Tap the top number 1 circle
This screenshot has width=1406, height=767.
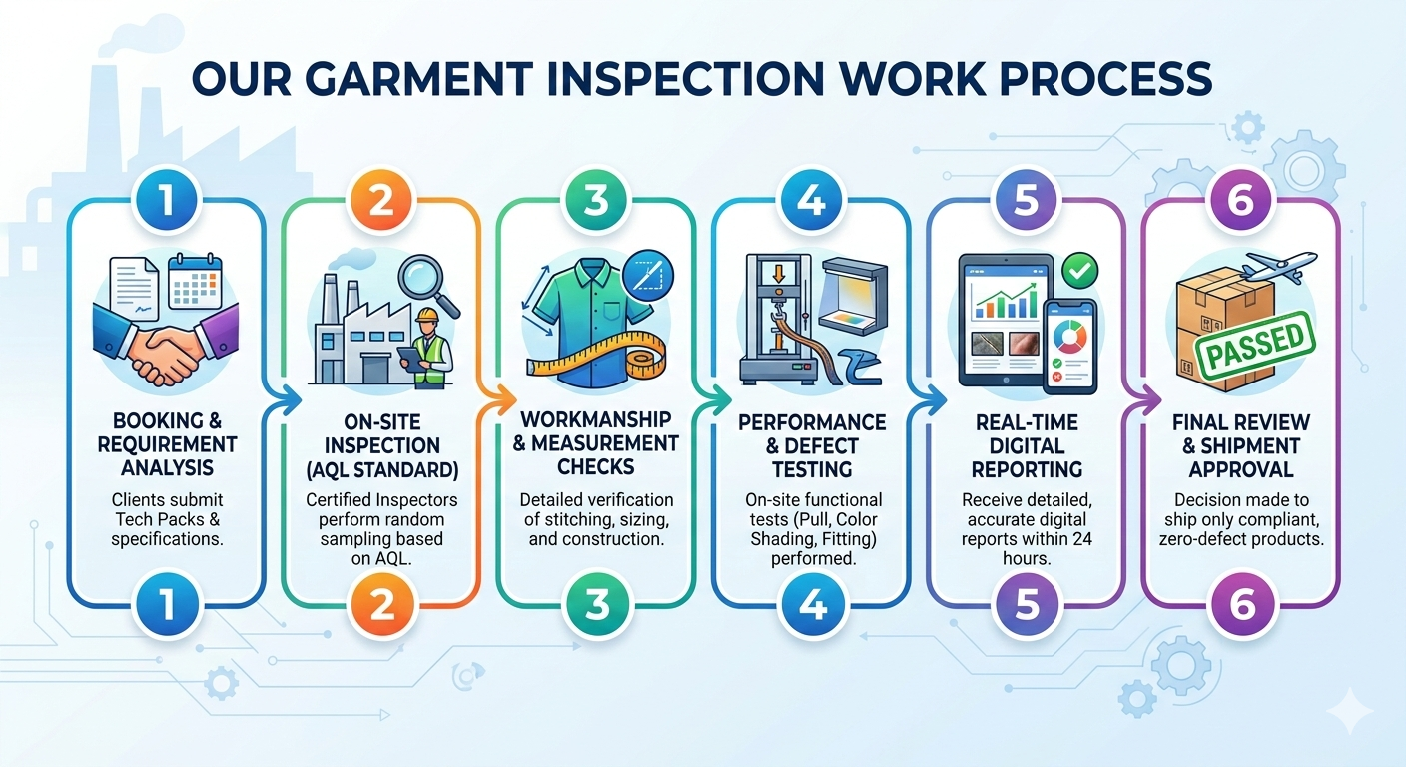point(167,200)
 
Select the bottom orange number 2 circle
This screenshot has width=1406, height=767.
point(381,605)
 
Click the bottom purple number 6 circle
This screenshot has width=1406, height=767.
point(1241,605)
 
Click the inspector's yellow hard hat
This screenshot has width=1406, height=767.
point(427,315)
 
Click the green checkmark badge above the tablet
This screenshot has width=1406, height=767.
point(1079,271)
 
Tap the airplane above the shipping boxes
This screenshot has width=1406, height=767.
point(1278,268)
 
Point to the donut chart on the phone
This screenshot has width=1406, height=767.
point(1070,336)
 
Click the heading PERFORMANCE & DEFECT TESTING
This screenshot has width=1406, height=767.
point(812,446)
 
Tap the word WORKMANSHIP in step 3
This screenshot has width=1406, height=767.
point(596,419)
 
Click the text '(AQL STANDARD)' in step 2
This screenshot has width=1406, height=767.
point(381,469)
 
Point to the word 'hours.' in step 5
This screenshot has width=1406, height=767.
point(1027,558)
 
